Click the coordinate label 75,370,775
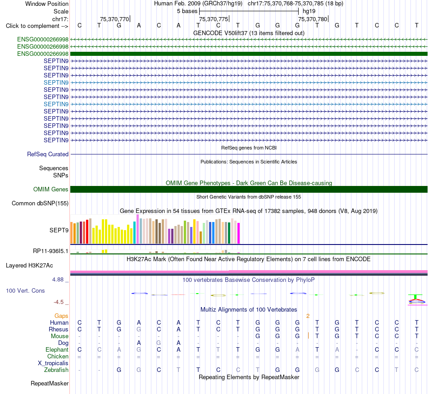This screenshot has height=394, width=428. (x=214, y=19)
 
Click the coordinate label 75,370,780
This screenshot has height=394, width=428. (x=313, y=19)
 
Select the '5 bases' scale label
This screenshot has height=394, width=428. (x=187, y=11)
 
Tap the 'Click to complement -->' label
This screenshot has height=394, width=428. (x=37, y=26)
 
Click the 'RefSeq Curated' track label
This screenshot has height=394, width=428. (x=48, y=154)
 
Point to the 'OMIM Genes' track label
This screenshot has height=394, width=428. (x=51, y=190)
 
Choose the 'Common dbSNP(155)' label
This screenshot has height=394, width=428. (x=40, y=203)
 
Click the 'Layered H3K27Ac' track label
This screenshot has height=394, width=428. (x=29, y=266)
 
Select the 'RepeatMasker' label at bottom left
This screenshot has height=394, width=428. (x=50, y=383)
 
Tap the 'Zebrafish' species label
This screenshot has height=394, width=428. (x=56, y=370)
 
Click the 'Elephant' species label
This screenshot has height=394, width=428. (x=57, y=350)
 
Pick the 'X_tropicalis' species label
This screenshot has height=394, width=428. (x=53, y=363)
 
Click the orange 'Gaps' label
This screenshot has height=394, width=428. (x=61, y=316)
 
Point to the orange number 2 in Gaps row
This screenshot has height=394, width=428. (x=308, y=316)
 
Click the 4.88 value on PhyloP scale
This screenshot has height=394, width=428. (x=58, y=280)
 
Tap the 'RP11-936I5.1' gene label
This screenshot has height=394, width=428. (x=50, y=251)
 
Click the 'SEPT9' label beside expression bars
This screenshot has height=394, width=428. (x=59, y=230)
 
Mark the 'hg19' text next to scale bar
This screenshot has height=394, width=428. (x=309, y=11)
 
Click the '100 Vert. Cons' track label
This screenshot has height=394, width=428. (x=25, y=290)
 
